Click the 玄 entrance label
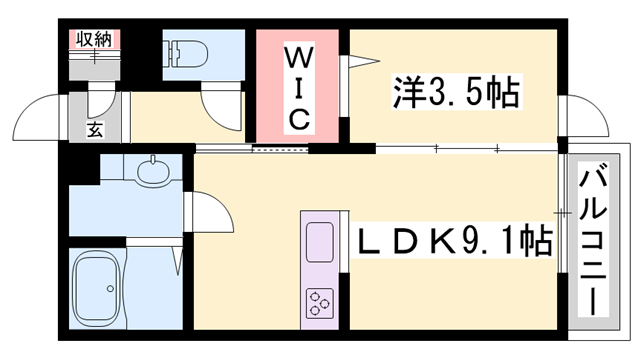coord(93,127)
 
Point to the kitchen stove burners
coord(321,300)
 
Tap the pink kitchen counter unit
coord(320,270)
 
